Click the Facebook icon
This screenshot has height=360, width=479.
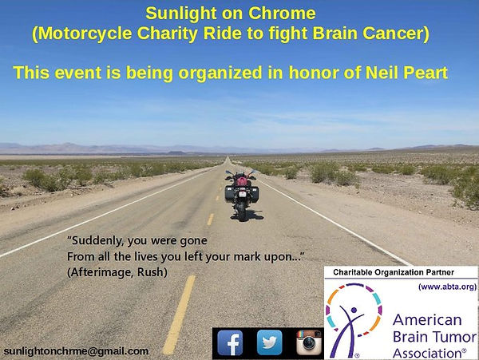pos(230,342)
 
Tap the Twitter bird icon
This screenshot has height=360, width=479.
pos(270,342)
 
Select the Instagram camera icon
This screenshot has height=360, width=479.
pos(309,342)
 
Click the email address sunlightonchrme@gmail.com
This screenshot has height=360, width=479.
pos(76,351)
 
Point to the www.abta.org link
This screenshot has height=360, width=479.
pos(448,287)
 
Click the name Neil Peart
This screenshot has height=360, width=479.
pos(406,73)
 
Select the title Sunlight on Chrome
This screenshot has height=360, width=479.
pos(231,14)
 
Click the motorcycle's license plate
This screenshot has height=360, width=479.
pos(242,195)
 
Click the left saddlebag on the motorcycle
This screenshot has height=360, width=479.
pos(230,194)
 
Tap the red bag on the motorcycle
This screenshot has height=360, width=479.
pos(242,182)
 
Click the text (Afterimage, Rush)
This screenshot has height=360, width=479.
pos(117,272)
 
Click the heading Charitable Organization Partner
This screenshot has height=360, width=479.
pos(394,272)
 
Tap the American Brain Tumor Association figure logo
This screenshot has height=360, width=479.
pos(354,320)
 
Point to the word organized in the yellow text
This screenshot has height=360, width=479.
pos(220,73)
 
